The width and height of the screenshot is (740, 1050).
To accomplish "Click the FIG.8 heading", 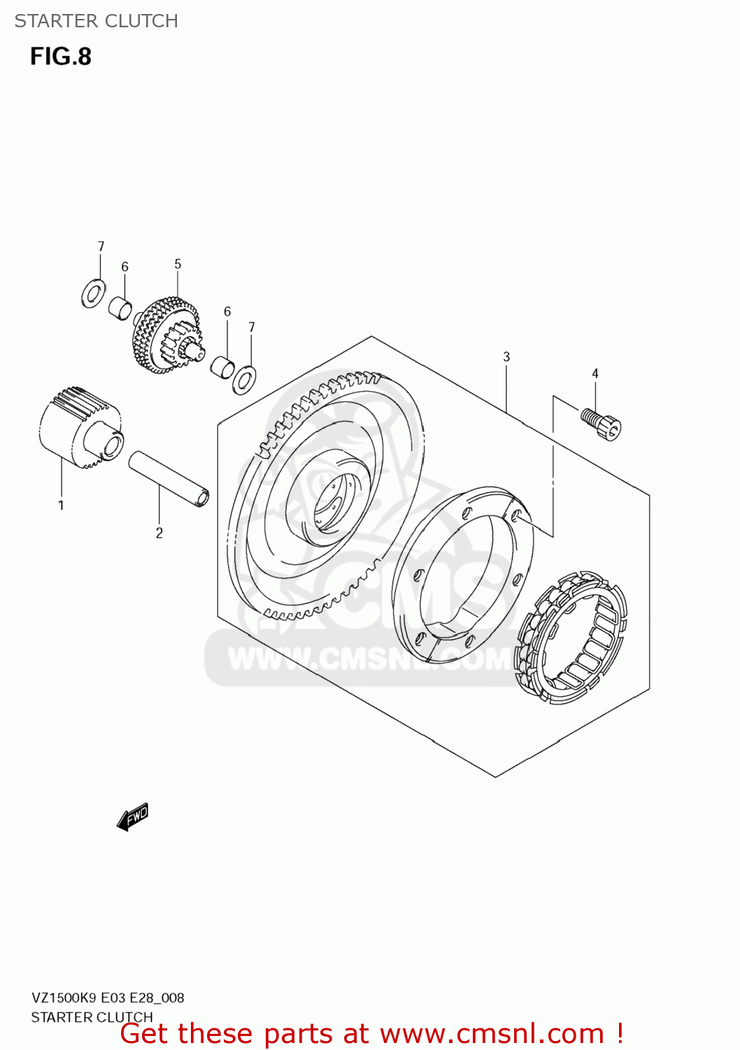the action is (61, 57).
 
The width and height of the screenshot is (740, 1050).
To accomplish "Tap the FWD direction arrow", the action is (133, 817).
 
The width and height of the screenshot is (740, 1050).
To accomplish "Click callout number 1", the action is (61, 505).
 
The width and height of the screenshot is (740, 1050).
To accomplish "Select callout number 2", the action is (159, 533).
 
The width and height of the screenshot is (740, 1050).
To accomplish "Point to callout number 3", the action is (506, 357).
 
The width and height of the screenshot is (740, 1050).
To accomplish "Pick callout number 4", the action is (595, 374).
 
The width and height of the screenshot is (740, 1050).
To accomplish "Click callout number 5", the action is (178, 264).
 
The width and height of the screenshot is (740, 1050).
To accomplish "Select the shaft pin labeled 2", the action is (169, 479).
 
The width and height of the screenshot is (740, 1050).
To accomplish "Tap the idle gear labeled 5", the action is (166, 335).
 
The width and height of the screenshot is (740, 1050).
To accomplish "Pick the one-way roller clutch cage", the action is (571, 638).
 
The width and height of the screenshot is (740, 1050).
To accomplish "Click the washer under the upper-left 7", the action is (94, 293).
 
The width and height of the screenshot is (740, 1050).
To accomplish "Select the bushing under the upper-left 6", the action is (120, 309).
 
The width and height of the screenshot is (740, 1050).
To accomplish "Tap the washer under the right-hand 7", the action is (245, 379).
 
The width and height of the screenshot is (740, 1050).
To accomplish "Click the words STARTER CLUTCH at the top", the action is (96, 21).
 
